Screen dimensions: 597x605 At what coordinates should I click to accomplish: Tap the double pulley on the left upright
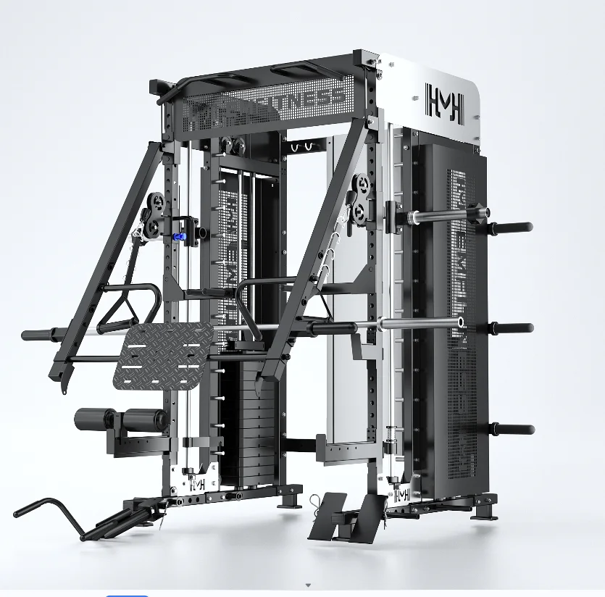click(x=154, y=215)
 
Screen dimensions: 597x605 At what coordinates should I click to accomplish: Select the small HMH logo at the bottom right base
click(x=401, y=494)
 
